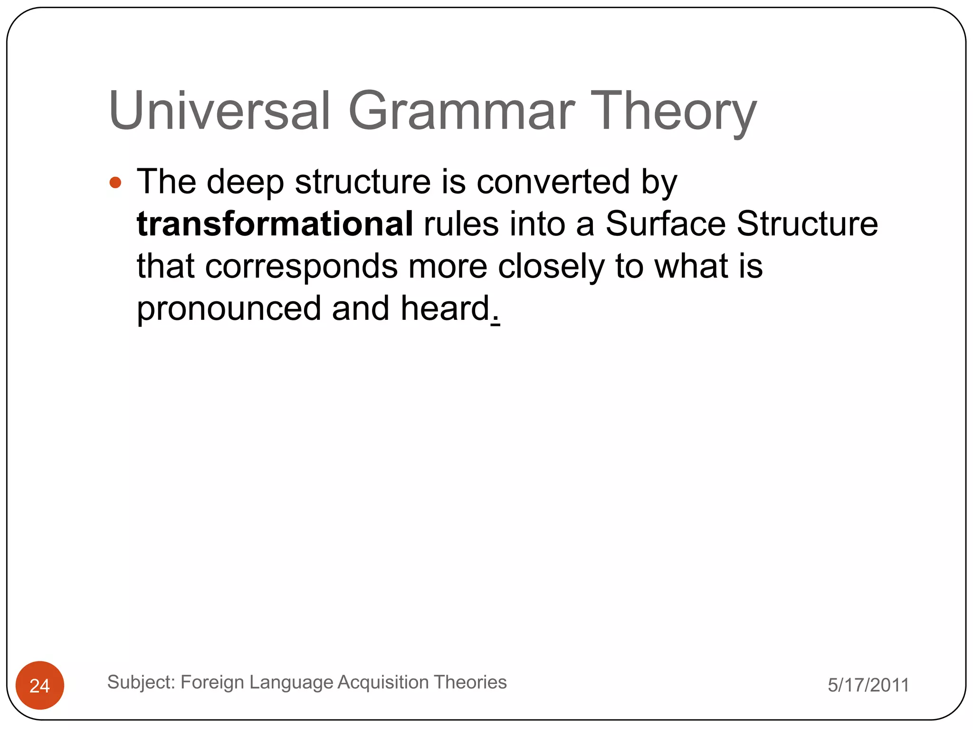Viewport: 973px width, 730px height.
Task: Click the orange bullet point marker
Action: coord(115,182)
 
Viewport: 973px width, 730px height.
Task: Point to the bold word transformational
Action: coord(275,223)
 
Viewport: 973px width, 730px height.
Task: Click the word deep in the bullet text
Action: coord(245,182)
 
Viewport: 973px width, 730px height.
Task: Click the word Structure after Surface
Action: coord(807,223)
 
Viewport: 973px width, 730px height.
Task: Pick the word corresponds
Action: coord(301,266)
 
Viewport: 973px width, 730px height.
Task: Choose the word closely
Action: coord(551,266)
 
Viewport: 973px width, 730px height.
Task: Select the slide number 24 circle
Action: coord(40,685)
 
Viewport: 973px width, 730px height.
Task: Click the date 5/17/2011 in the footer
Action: coord(868,685)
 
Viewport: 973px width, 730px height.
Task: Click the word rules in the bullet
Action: coord(461,223)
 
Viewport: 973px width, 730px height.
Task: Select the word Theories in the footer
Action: coord(470,682)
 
